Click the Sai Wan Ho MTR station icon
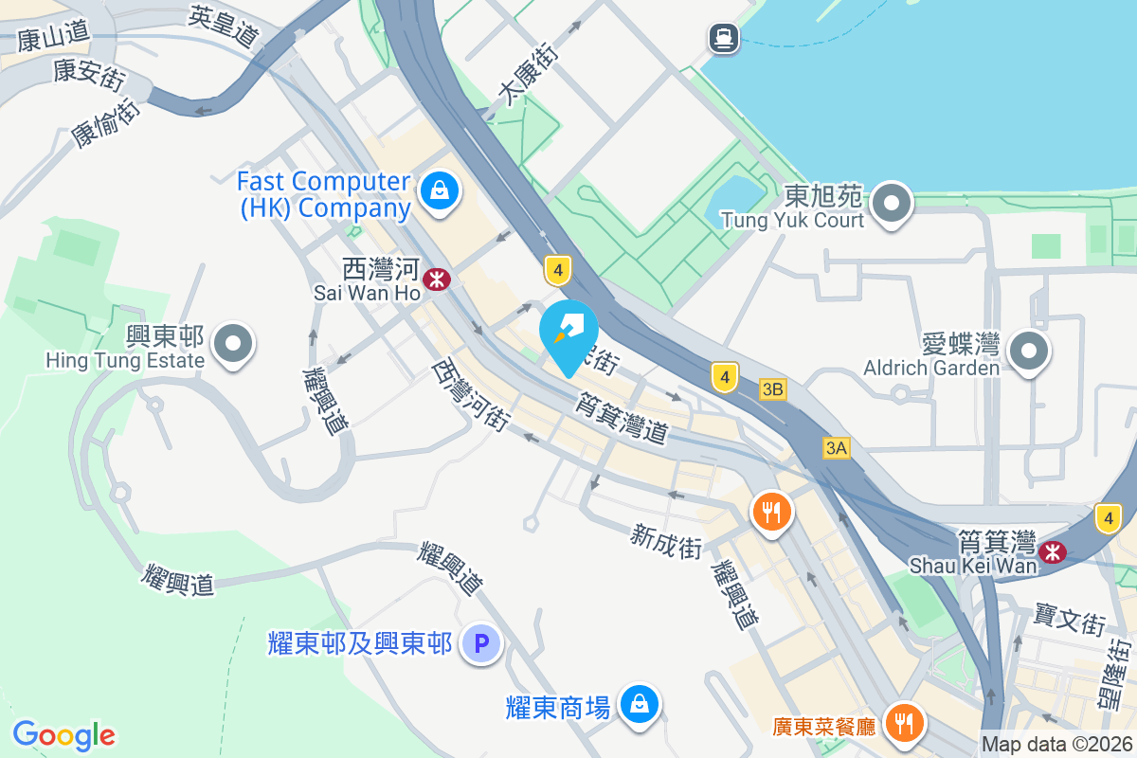point(437,279)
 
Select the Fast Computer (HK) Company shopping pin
point(441,190)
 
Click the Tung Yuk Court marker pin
point(892,203)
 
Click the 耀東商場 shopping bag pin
point(640,704)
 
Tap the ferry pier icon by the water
point(724,38)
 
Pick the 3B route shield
point(773,388)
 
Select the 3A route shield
point(836,448)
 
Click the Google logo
point(63,735)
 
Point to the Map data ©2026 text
point(1056,745)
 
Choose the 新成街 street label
point(666,541)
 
